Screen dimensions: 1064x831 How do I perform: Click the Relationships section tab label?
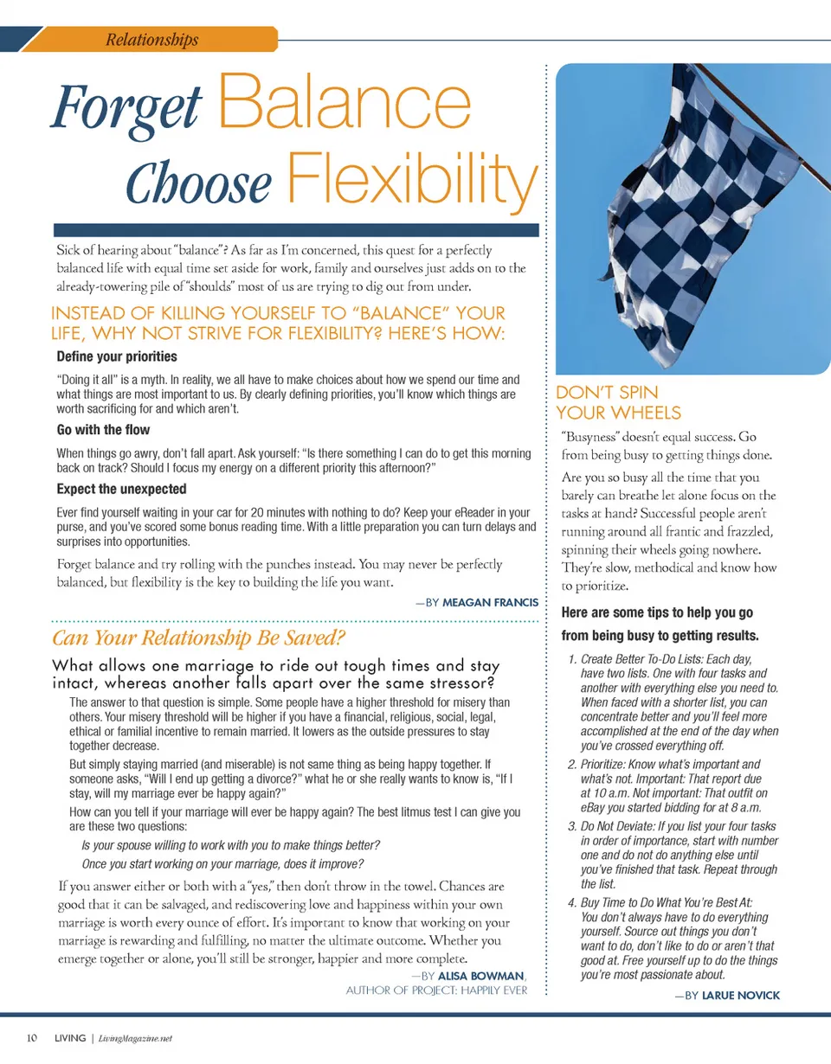click(x=151, y=40)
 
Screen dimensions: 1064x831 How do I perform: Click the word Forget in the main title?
click(x=126, y=112)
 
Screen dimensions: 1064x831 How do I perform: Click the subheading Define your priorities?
click(x=116, y=356)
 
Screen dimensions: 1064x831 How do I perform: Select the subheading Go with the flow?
click(x=102, y=430)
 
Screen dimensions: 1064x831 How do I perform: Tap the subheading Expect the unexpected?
click(x=121, y=489)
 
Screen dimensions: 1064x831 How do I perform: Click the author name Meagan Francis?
click(x=490, y=603)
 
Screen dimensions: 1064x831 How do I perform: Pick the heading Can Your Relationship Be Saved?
click(x=199, y=640)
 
